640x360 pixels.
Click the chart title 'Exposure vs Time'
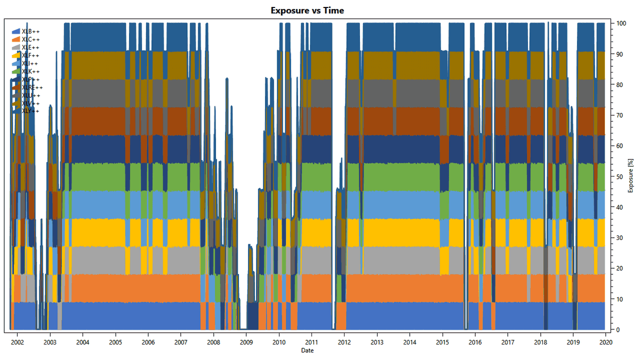pyautogui.click(x=307, y=11)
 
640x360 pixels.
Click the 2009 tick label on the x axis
pyautogui.click(x=246, y=342)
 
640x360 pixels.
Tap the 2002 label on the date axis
pyautogui.click(x=17, y=342)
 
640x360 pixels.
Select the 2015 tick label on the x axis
pyautogui.click(x=442, y=342)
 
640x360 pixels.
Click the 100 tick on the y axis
pyautogui.click(x=621, y=23)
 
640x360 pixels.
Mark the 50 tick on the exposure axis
pyautogui.click(x=620, y=177)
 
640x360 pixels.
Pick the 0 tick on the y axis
pyautogui.click(x=619, y=330)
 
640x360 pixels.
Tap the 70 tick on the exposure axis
pyautogui.click(x=620, y=115)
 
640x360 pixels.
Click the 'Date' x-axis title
pyautogui.click(x=307, y=350)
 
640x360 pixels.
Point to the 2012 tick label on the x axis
pyautogui.click(x=344, y=342)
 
